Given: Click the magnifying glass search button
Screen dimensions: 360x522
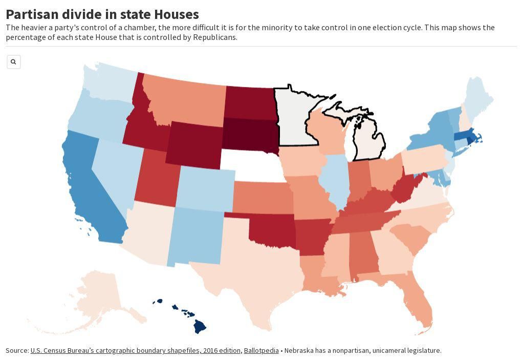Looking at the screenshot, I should coord(13,62).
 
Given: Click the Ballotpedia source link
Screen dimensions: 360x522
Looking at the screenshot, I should coord(261,351).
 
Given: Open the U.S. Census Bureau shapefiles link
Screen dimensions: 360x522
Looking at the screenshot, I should coord(135,351).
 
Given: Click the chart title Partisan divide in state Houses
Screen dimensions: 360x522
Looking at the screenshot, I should coord(102,14).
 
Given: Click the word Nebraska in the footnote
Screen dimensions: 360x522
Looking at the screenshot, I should coord(299,351).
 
